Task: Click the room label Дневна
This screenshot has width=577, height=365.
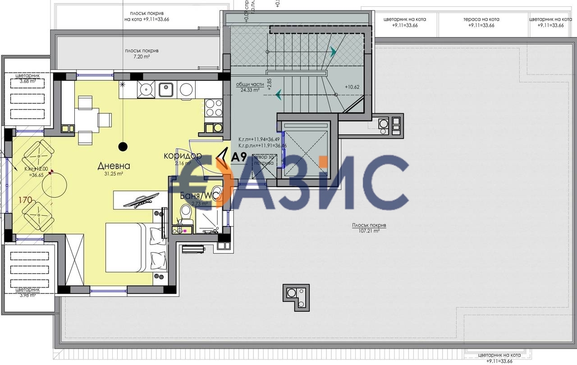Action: tap(110, 166)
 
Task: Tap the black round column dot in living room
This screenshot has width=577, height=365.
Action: tap(123, 146)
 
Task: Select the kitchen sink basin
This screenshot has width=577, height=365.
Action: tap(165, 90)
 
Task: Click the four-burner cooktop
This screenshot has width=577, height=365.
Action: tap(214, 108)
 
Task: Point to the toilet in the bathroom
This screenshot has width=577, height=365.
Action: tap(185, 212)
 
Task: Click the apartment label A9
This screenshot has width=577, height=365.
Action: tap(238, 157)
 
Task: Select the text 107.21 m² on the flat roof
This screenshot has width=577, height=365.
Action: tap(366, 230)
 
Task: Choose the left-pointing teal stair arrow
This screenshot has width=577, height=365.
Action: tap(278, 94)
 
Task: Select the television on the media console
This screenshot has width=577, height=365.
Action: tap(142, 199)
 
